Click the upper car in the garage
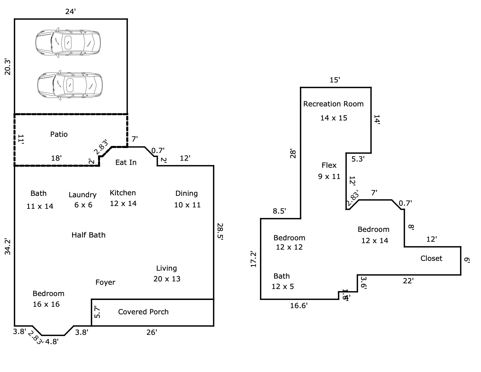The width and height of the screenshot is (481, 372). click(68, 43)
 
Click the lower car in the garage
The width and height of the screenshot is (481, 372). click(70, 85)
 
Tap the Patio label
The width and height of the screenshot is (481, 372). click(59, 134)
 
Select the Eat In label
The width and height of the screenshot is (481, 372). click(126, 162)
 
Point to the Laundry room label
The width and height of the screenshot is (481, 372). click(83, 195)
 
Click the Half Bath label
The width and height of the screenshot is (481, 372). click(89, 235)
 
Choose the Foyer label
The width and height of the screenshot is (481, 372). click(105, 282)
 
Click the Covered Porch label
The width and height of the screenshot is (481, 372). click(143, 312)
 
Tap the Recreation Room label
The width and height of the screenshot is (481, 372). click(333, 104)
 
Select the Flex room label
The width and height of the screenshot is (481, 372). click(329, 165)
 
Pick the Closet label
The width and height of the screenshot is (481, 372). click(431, 258)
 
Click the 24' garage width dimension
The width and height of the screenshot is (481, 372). click(70, 12)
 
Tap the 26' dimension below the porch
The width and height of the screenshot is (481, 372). click(152, 332)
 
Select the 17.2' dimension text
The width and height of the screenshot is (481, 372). click(253, 259)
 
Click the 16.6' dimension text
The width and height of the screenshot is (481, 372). click(299, 306)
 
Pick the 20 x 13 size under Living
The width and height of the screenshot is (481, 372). click(167, 279)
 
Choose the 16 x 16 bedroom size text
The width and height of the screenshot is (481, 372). click(46, 304)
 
